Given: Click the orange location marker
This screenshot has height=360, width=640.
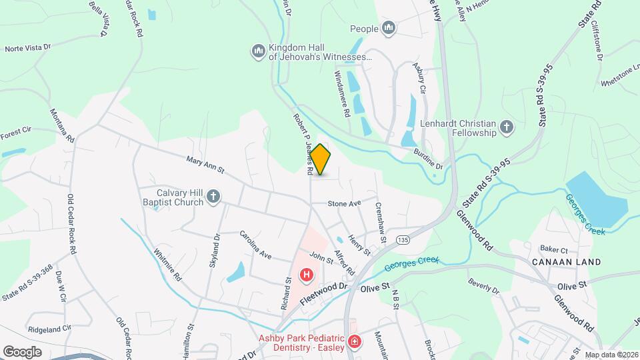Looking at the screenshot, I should (320, 160).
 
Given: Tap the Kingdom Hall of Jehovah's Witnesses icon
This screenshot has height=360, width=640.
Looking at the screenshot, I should (258, 51).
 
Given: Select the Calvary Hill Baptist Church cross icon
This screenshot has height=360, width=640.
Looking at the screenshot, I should (213, 195).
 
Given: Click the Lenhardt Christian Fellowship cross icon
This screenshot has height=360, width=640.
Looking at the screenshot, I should (507, 127).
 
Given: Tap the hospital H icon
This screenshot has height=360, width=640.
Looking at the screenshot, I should (307, 274).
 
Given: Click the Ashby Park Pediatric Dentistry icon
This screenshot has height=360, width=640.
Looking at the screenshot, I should (355, 343).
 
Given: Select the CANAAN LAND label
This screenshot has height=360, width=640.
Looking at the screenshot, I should (567, 262).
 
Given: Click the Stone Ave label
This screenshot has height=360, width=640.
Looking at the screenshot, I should (344, 203).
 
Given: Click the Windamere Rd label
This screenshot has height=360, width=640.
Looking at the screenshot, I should (341, 94).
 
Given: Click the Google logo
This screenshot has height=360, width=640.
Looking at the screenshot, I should (22, 351).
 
